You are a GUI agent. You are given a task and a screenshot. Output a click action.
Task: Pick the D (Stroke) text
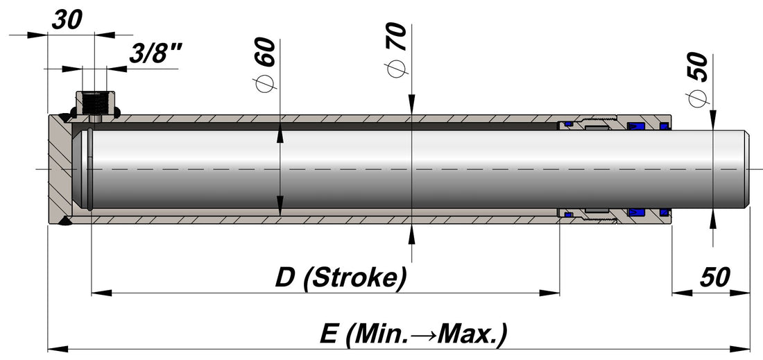(x=340, y=278)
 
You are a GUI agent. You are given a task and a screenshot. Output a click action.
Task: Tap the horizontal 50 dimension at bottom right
(x=714, y=277)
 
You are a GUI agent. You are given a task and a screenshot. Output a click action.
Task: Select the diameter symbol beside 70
(x=396, y=69)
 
